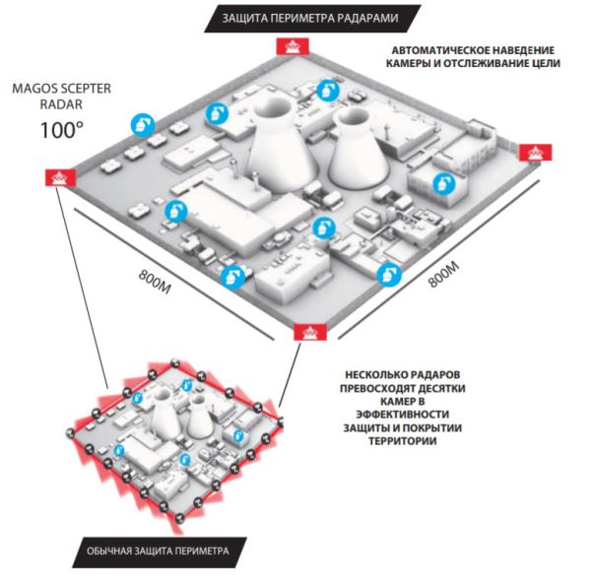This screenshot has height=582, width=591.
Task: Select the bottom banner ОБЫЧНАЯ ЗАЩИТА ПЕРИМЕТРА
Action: (x=158, y=550)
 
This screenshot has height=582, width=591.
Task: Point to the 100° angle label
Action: (x=61, y=129)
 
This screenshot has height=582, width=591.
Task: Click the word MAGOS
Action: (x=32, y=87)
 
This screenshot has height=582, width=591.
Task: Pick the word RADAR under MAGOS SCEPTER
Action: (x=58, y=103)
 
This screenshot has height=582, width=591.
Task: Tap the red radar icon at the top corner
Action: (x=291, y=46)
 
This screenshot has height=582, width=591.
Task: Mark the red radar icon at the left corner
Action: (x=58, y=177)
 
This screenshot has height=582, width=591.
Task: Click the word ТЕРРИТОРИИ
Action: (x=401, y=440)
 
